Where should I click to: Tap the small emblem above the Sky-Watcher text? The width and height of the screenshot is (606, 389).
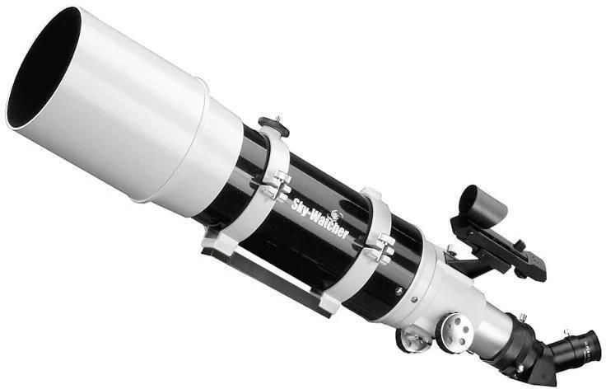335,215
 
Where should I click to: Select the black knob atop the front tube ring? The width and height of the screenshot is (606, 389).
274,125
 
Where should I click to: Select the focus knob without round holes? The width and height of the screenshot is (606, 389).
410,340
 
